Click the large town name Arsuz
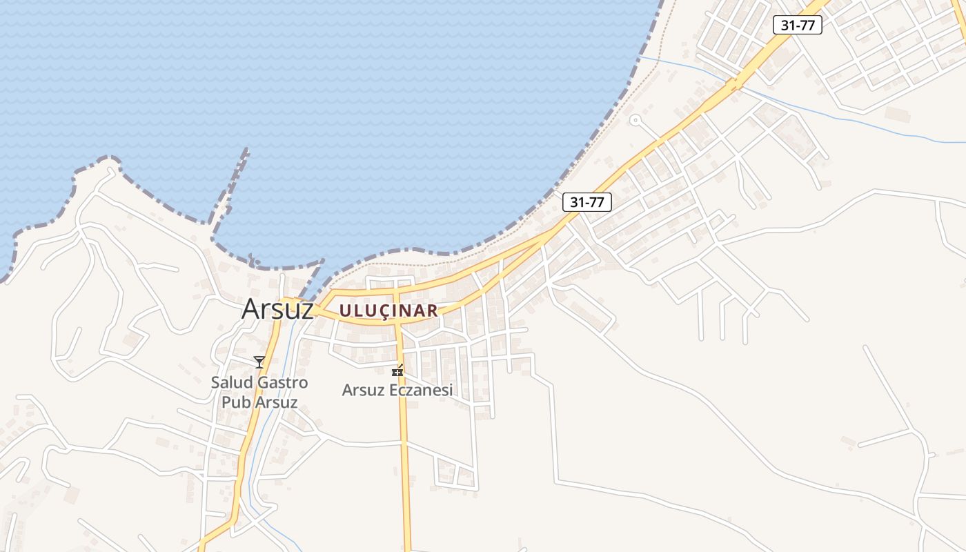[x=277, y=308]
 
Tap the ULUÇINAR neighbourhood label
[x=388, y=310]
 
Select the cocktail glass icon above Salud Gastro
[x=259, y=362]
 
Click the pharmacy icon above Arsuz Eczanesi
[x=397, y=371]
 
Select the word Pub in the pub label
[x=234, y=402]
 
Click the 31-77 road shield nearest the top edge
[x=797, y=25]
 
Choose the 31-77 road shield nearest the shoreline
[x=587, y=202]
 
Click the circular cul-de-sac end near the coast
[x=635, y=121]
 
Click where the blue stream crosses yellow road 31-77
[x=733, y=83]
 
